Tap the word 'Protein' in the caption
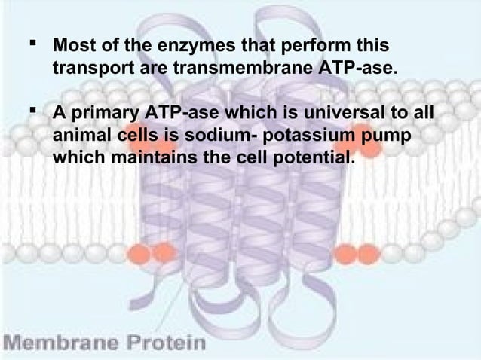click(x=164, y=343)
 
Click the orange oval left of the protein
click(x=139, y=249)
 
